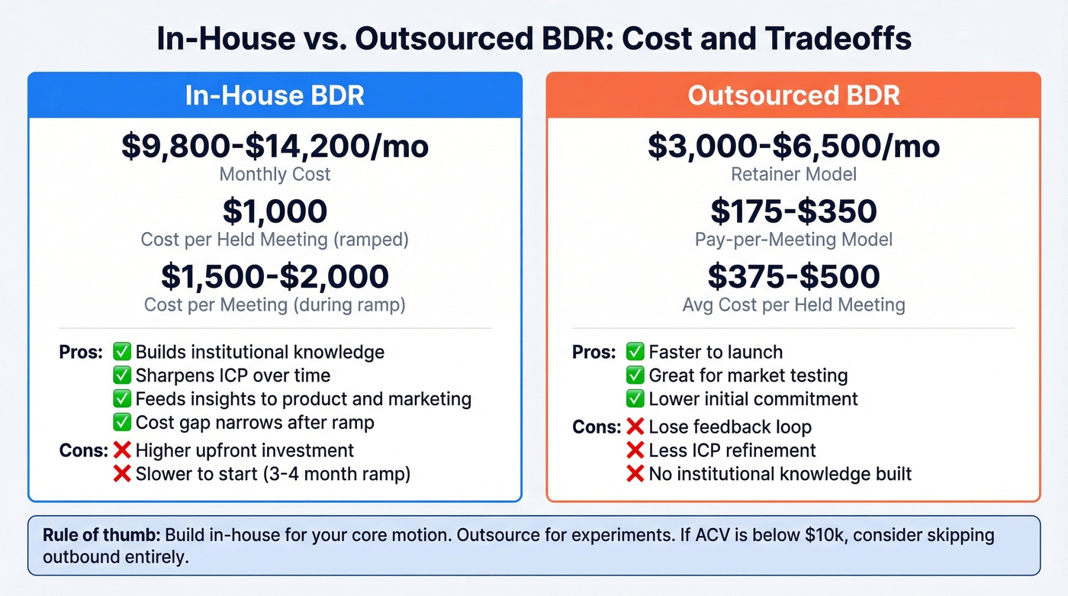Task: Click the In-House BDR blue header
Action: pyautogui.click(x=275, y=95)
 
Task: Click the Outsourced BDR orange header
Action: pyautogui.click(x=793, y=95)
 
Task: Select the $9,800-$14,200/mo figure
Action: pyautogui.click(x=275, y=145)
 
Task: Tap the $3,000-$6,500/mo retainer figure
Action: pyautogui.click(x=793, y=145)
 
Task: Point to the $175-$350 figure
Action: pyautogui.click(x=793, y=211)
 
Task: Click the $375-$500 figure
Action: pyautogui.click(x=793, y=276)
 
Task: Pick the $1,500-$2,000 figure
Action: pyautogui.click(x=275, y=276)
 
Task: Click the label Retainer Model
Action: pyautogui.click(x=793, y=174)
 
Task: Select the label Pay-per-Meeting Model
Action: pyautogui.click(x=793, y=240)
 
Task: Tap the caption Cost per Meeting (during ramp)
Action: pyautogui.click(x=275, y=305)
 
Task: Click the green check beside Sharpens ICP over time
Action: pyautogui.click(x=122, y=375)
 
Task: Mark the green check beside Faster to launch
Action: pyautogui.click(x=635, y=352)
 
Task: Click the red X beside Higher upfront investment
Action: pyautogui.click(x=122, y=450)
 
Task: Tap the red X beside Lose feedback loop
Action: pyautogui.click(x=635, y=427)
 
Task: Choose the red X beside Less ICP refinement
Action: pyautogui.click(x=635, y=450)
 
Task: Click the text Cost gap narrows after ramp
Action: pyautogui.click(x=255, y=422)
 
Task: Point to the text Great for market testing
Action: pyautogui.click(x=748, y=375)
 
